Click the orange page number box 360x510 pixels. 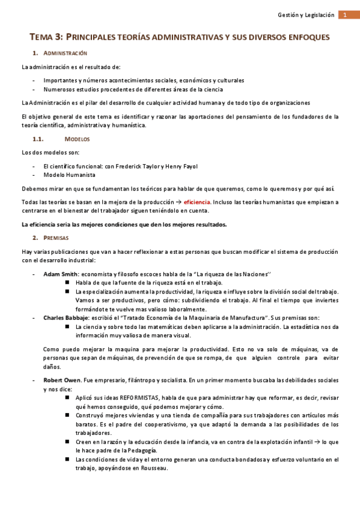(x=346, y=15)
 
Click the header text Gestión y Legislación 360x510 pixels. (x=306, y=15)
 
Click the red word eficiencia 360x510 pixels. (x=197, y=202)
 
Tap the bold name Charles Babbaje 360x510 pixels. (x=66, y=318)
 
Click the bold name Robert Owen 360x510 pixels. (x=61, y=381)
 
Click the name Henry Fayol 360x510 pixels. (x=181, y=166)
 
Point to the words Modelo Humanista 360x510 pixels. (x=69, y=175)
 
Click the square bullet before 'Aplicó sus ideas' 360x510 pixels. (x=68, y=398)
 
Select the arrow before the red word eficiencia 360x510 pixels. (x=178, y=202)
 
